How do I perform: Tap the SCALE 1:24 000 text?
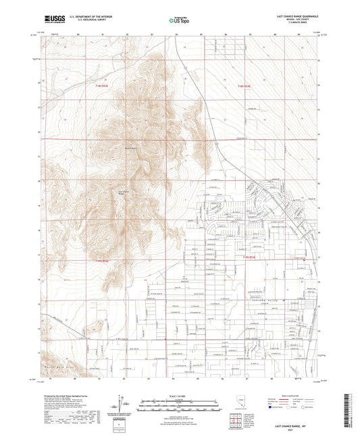[x=179, y=396]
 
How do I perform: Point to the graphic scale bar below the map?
[x=179, y=405]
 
